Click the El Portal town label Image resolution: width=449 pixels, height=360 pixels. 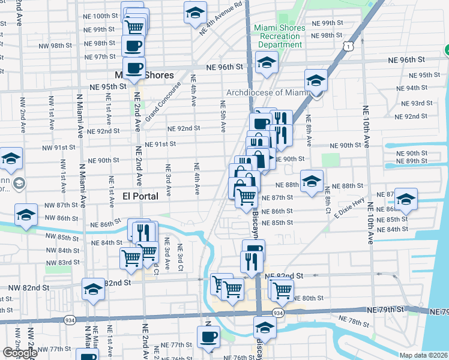140,196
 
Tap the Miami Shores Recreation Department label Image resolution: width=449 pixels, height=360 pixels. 279,36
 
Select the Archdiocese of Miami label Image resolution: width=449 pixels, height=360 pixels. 267,92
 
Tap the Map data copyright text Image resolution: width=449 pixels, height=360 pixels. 423,355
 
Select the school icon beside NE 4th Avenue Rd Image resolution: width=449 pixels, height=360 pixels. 194,13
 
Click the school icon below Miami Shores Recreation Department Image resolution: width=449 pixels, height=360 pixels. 265,62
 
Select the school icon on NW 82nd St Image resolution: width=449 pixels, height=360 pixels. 93,290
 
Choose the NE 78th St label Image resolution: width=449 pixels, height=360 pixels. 354,322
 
